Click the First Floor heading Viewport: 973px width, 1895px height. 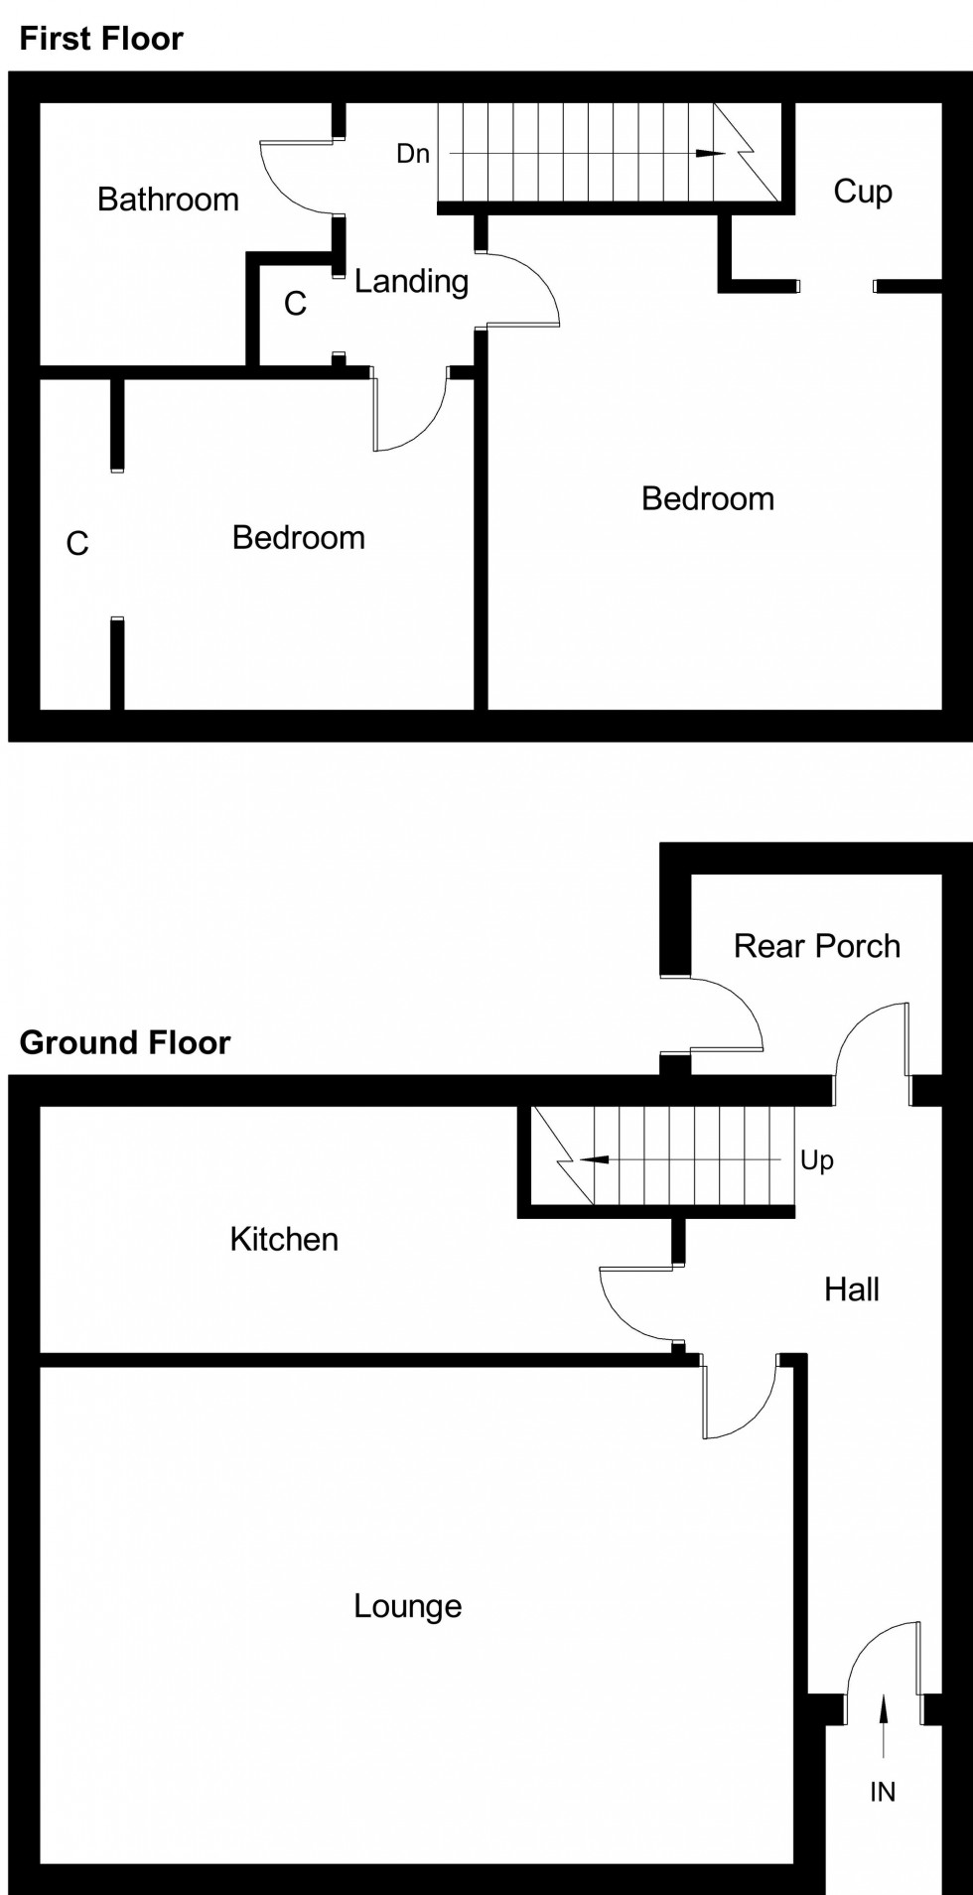tap(101, 39)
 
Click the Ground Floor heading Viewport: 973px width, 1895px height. tap(125, 1042)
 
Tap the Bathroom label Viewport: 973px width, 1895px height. tap(168, 200)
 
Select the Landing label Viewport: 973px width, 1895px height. tap(411, 282)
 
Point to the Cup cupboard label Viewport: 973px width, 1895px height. tap(862, 191)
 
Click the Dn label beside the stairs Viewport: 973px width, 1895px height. tap(413, 154)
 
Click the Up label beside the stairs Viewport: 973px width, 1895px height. tap(816, 1159)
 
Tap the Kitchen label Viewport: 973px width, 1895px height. tap(284, 1239)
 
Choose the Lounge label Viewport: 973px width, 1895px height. tap(407, 1605)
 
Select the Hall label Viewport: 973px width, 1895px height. tap(851, 1289)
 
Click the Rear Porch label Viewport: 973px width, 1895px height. tap(816, 946)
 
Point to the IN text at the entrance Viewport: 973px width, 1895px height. tap(882, 1792)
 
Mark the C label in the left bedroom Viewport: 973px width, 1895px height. tap(77, 544)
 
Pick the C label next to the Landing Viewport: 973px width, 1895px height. tap(295, 304)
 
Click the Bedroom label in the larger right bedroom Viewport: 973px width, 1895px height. tap(707, 498)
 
